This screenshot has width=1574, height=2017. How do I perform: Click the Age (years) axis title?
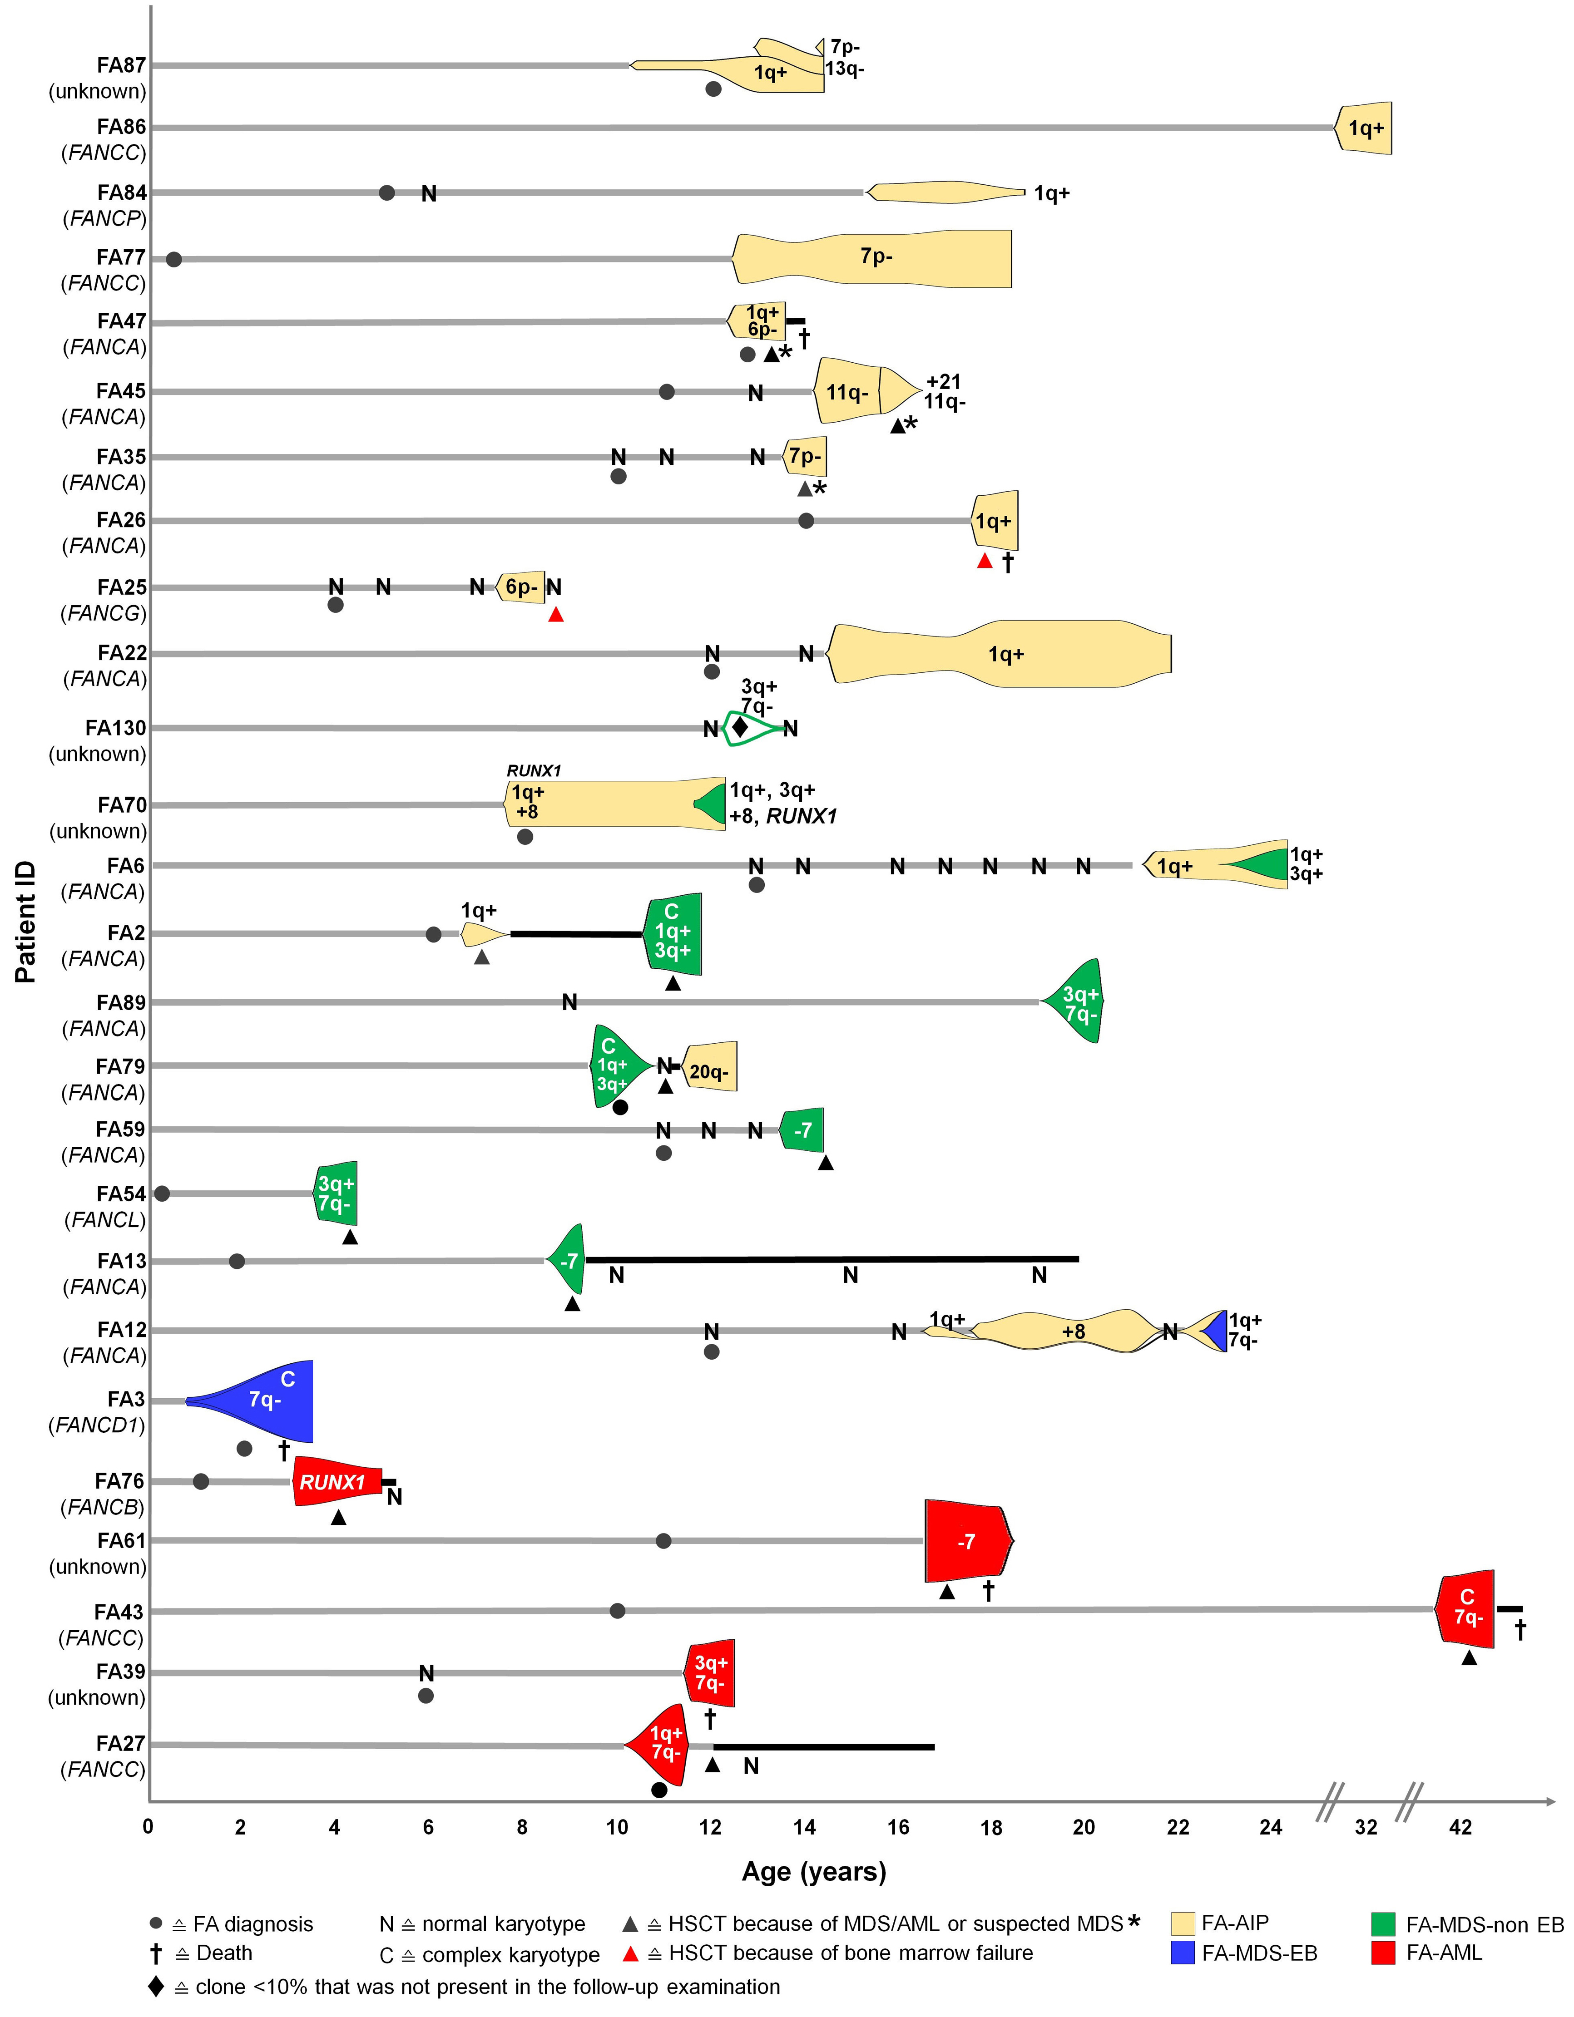coord(814,1872)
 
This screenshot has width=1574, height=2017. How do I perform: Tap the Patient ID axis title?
coord(25,922)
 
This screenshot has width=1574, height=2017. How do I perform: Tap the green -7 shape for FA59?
coord(803,1129)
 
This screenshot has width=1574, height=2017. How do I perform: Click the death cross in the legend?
coord(156,1953)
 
